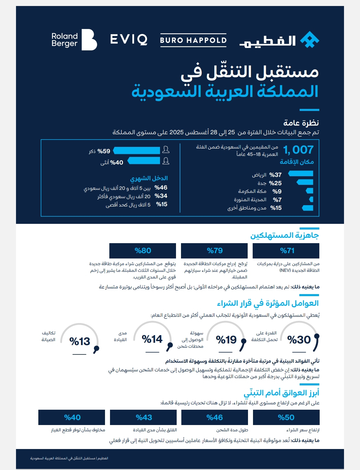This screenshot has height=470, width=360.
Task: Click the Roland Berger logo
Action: click(x=74, y=40)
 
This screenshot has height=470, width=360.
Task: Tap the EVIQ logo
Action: click(x=129, y=39)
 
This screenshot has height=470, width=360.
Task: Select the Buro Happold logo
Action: click(x=193, y=40)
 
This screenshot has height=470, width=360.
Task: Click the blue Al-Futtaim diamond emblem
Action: click(x=310, y=40)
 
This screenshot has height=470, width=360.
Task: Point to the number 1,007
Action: click(x=298, y=150)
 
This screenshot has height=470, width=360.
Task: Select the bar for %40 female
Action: click(x=144, y=161)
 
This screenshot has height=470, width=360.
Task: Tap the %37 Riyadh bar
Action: click(x=301, y=173)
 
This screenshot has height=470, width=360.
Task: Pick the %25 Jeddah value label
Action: click(x=275, y=183)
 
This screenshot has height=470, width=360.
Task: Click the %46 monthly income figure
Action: click(x=161, y=188)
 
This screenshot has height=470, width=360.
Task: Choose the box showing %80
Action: click(x=143, y=250)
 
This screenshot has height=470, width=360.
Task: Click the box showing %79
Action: click(x=214, y=250)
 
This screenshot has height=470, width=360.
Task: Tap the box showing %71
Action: click(x=286, y=250)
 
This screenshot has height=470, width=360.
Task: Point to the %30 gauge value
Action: click(x=299, y=340)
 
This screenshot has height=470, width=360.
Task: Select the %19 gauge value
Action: click(x=226, y=340)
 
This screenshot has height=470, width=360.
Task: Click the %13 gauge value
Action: click(x=80, y=341)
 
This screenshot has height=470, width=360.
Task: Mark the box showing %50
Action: click(x=286, y=417)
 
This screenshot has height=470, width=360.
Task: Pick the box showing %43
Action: click(x=143, y=417)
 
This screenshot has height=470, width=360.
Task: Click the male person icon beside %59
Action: click(x=166, y=150)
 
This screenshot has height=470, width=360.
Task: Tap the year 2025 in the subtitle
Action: click(x=177, y=132)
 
